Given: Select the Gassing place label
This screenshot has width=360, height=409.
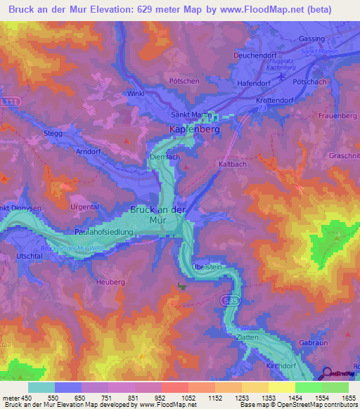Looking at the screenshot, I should (311, 39).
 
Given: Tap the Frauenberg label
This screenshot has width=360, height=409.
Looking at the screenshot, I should (338, 115).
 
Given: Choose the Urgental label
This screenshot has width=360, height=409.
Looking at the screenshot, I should (85, 207).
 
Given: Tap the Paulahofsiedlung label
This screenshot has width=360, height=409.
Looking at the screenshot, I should (103, 231).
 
